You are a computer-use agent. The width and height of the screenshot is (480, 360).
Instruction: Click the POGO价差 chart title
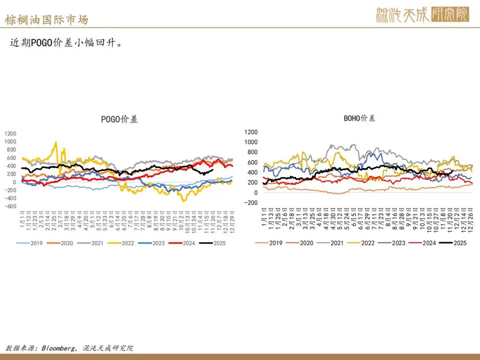coord(120,119)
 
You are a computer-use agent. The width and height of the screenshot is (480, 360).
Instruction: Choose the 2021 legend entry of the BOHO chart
coord(337,243)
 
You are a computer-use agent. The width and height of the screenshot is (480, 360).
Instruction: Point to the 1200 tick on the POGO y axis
coord(10,133)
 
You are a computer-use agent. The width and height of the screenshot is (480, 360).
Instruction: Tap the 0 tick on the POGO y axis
coord(15,182)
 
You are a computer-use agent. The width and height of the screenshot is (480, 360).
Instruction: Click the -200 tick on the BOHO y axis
coord(251,203)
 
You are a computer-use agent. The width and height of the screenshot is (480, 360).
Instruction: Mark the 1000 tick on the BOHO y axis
coord(251,142)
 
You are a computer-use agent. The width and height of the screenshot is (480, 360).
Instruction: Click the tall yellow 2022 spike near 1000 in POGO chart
coord(56,143)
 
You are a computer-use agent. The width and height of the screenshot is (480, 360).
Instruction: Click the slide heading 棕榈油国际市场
coord(46,20)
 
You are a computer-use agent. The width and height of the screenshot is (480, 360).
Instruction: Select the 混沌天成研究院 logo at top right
coord(422,15)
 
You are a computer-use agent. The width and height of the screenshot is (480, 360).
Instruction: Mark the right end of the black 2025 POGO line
coord(213,170)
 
